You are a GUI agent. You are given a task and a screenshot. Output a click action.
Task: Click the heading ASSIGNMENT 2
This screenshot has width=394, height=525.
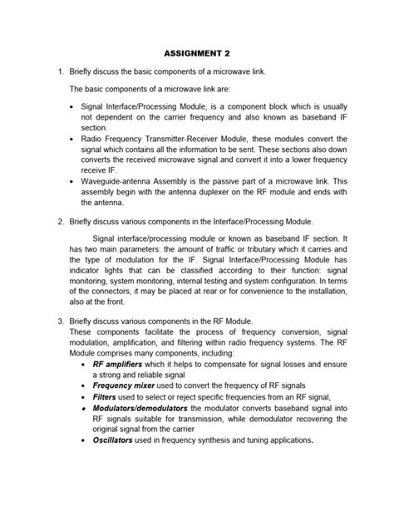[x=196, y=52]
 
